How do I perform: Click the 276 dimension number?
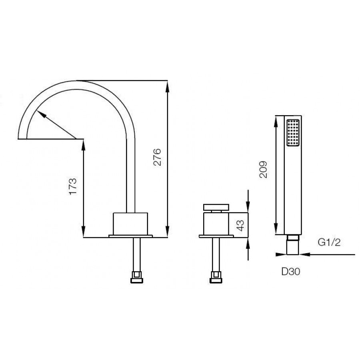point(158,157)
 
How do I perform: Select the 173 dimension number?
point(73,186)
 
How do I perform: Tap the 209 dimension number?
point(263,170)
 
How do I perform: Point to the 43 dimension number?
point(240,226)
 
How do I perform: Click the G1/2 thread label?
point(329,242)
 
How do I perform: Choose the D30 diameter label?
point(291,272)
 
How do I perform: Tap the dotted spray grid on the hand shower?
point(293,132)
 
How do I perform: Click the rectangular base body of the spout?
point(130,224)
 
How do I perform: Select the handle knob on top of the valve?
point(216,207)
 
